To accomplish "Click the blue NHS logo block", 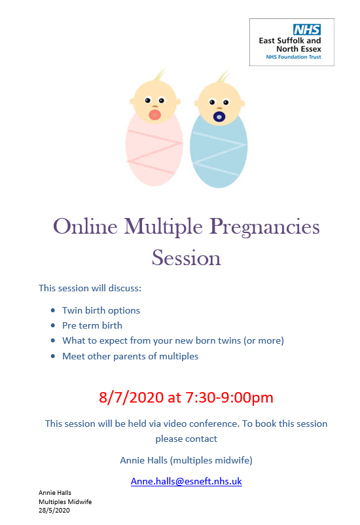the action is pyautogui.click(x=307, y=29).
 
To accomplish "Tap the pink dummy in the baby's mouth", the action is pyautogui.click(x=154, y=115).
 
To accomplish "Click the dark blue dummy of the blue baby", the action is pyautogui.click(x=219, y=117).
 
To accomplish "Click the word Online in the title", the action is pyautogui.click(x=85, y=226).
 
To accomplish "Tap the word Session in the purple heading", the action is pyautogui.click(x=186, y=258).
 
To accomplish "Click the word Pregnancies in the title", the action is pyautogui.click(x=264, y=228).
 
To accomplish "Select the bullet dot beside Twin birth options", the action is pyautogui.click(x=53, y=310).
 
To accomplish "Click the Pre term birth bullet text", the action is pyautogui.click(x=92, y=325).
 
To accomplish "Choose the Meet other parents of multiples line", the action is pyautogui.click(x=130, y=356).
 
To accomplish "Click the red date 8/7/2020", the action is pyautogui.click(x=131, y=397).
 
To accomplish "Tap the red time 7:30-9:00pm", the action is pyautogui.click(x=229, y=397).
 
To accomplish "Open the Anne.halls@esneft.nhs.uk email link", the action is pyautogui.click(x=186, y=481).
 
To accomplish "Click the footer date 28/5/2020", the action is pyautogui.click(x=54, y=510).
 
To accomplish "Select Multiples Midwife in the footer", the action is pyautogui.click(x=65, y=501).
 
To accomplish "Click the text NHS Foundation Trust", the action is pyautogui.click(x=293, y=57).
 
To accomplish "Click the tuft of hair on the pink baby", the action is pyautogui.click(x=160, y=75).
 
